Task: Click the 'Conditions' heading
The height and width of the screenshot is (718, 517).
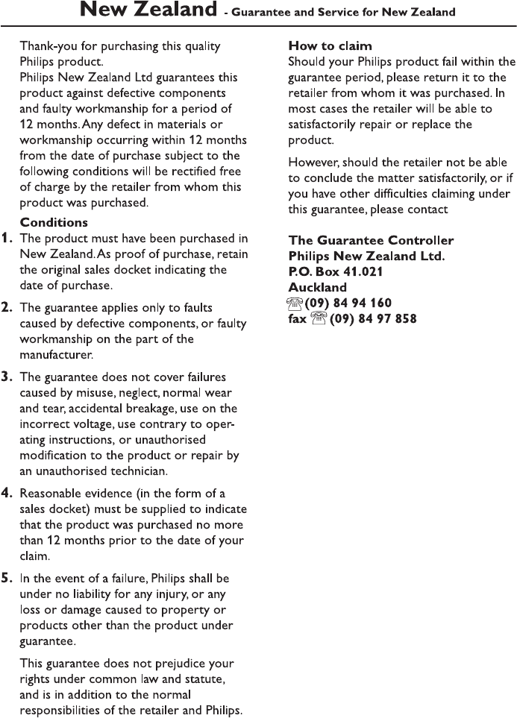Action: [54, 222]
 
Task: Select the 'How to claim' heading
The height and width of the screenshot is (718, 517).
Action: [330, 46]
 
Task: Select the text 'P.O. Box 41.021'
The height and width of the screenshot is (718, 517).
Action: [336, 271]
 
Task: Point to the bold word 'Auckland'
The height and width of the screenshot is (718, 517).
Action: [317, 287]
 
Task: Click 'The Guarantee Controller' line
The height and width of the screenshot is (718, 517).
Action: [371, 240]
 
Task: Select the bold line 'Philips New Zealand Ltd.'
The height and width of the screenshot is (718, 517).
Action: [366, 256]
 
